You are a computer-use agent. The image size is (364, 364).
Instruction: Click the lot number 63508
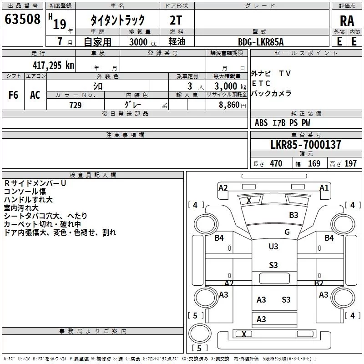22,20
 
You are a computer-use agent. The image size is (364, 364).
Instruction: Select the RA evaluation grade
347,21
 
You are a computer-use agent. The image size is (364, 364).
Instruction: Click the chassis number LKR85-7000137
305,145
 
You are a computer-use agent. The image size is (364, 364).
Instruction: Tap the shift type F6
14,95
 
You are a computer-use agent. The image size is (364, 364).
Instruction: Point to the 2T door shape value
176,20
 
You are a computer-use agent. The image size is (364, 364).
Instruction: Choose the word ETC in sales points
261,83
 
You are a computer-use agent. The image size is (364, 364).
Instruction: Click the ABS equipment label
261,123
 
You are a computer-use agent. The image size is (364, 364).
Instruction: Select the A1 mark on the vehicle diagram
324,187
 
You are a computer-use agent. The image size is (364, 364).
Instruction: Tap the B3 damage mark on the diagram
293,215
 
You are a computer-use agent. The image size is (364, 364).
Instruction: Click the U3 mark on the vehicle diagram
273,246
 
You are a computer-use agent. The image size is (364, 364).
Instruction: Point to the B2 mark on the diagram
318,283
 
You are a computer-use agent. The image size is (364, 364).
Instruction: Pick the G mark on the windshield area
287,232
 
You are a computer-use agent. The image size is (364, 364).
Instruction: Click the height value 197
351,164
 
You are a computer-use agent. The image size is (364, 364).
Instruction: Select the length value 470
276,164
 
